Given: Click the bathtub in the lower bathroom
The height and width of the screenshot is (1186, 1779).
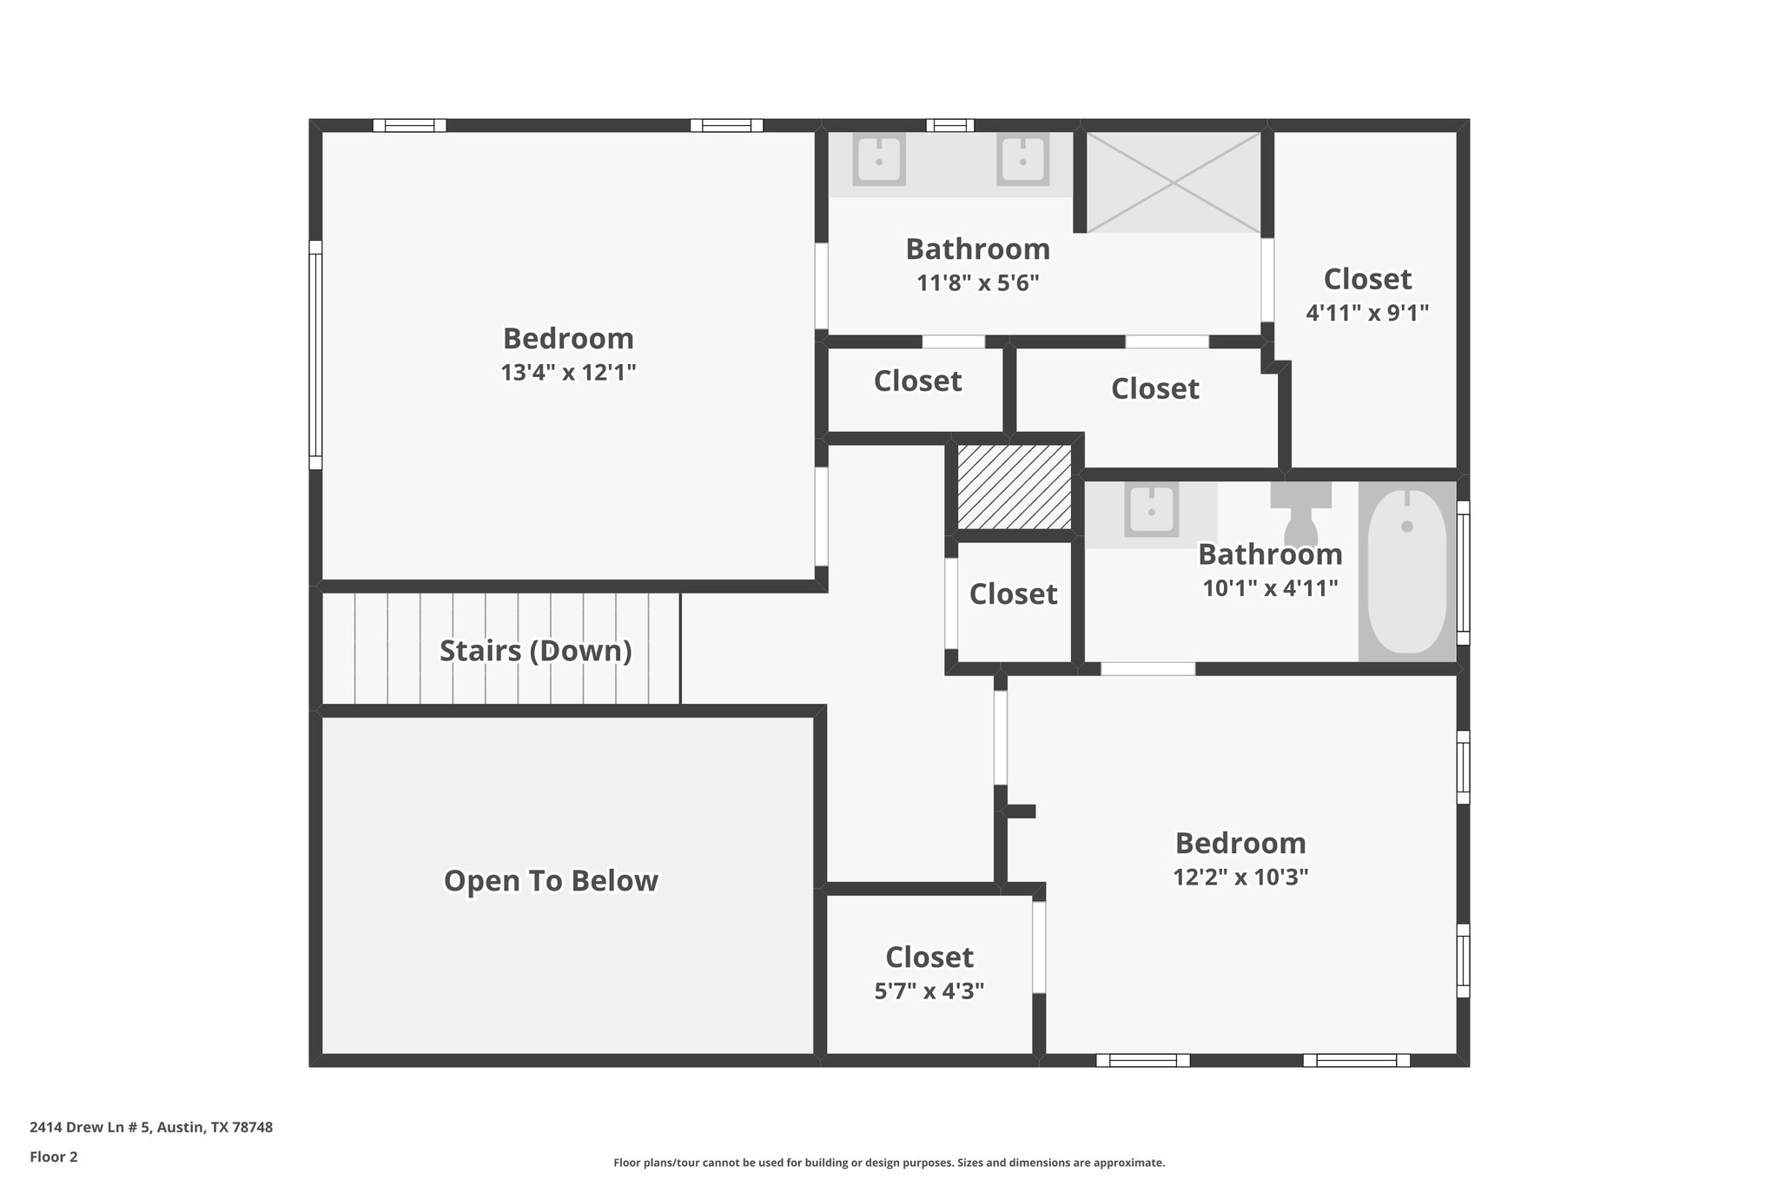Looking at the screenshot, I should pyautogui.click(x=1407, y=572).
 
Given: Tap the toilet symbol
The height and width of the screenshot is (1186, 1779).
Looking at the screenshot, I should pyautogui.click(x=1300, y=516).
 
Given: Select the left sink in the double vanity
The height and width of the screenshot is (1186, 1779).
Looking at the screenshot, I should pyautogui.click(x=879, y=160).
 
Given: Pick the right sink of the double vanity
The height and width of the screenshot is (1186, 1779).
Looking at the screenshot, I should pyautogui.click(x=1022, y=160).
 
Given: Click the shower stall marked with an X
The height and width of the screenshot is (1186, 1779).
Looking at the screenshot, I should pyautogui.click(x=1174, y=182).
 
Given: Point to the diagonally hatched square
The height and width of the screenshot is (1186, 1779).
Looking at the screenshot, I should pyautogui.click(x=1014, y=487).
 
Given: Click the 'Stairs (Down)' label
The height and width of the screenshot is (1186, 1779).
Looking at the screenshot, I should pyautogui.click(x=535, y=651).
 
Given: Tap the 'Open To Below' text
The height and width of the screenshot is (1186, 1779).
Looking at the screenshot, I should pyautogui.click(x=551, y=881).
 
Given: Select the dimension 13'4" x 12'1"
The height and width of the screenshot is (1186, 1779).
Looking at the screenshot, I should pyautogui.click(x=568, y=373).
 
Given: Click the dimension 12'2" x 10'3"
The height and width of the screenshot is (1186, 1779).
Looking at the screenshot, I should pyautogui.click(x=1240, y=878).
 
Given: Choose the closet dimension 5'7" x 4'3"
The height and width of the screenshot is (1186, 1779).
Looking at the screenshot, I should pyautogui.click(x=929, y=991).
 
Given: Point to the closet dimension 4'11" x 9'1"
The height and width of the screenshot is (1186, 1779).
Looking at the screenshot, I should pyautogui.click(x=1367, y=313).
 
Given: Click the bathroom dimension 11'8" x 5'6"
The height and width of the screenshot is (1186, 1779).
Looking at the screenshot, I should pyautogui.click(x=977, y=283).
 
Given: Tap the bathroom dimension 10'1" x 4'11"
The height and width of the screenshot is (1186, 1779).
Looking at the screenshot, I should pyautogui.click(x=1269, y=588).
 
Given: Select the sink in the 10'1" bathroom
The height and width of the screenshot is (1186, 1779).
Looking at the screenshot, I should pyautogui.click(x=1151, y=511).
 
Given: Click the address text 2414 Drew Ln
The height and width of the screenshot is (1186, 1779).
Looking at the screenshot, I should pyautogui.click(x=151, y=1128).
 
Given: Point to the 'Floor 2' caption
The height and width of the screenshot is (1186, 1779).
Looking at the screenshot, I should pyautogui.click(x=54, y=1157).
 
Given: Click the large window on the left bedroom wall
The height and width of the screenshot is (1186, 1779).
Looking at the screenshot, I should pyautogui.click(x=315, y=354).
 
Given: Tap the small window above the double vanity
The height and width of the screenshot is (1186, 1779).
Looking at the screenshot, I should pyautogui.click(x=949, y=125).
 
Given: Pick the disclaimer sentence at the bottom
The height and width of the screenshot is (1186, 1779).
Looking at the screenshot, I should pyautogui.click(x=889, y=1163).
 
